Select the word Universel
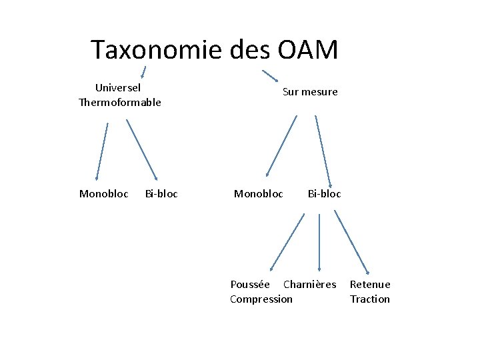click(118, 87)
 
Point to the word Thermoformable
click(120, 102)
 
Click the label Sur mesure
click(310, 92)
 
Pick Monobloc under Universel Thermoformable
click(104, 194)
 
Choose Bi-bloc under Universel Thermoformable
click(161, 194)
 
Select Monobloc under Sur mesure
click(259, 194)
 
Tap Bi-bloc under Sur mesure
click(324, 194)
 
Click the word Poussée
click(250, 285)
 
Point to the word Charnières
click(310, 285)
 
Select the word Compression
click(261, 299)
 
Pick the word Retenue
click(370, 285)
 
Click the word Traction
click(370, 299)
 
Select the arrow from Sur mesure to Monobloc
click(281, 146)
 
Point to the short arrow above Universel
click(143, 72)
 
